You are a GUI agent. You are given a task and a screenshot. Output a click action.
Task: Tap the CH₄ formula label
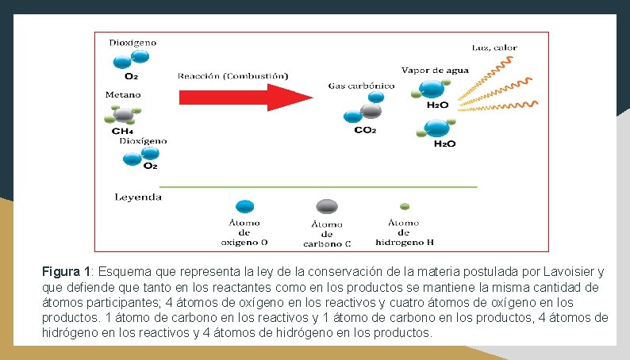tap(122, 131)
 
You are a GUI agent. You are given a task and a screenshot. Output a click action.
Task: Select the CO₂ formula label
tap(365, 131)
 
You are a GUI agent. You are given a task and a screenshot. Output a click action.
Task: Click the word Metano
tap(123, 94)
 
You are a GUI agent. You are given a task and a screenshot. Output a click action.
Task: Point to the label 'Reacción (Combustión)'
tap(232, 76)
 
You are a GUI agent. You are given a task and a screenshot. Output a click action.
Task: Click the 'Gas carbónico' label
tap(361, 85)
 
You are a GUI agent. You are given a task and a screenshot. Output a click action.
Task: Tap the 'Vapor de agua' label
tap(435, 71)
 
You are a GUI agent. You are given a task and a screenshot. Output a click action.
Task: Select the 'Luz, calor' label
tap(494, 48)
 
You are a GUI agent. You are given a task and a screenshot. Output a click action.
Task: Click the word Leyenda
tap(138, 197)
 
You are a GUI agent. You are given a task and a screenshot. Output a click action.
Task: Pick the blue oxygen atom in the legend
tap(245, 206)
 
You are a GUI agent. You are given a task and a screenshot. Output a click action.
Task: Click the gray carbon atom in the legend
tap(325, 208)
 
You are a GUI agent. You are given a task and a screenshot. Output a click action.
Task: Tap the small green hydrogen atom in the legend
tap(404, 206)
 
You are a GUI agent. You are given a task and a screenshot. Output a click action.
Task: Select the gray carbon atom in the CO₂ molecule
tap(370, 110)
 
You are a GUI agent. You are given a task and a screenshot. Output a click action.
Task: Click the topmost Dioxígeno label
tap(133, 41)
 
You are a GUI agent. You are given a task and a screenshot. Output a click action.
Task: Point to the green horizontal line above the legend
tap(317, 187)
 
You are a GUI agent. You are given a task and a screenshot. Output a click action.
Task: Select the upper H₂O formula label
tap(437, 105)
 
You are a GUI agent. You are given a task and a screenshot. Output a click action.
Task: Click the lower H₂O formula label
tap(444, 144)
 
